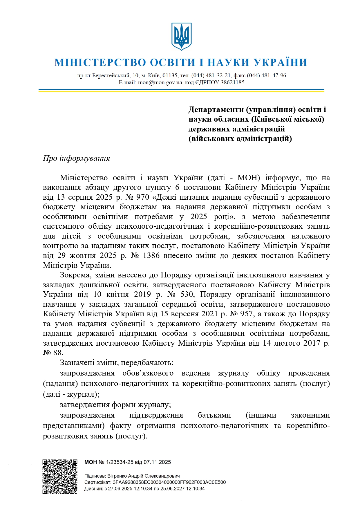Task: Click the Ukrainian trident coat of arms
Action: coord(181,36)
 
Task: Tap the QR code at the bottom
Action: coord(60,476)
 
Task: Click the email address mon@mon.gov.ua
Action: coord(160,82)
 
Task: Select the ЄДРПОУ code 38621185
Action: coord(232,82)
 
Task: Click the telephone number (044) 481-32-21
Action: coord(211,75)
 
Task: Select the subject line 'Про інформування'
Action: coord(76,158)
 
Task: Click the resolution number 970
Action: coord(142,197)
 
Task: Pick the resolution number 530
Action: coord(186,295)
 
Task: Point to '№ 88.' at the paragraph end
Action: coord(53,353)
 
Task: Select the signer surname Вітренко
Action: coord(117,476)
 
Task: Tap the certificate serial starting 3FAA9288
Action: coord(169,482)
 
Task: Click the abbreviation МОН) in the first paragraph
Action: coord(248,178)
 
